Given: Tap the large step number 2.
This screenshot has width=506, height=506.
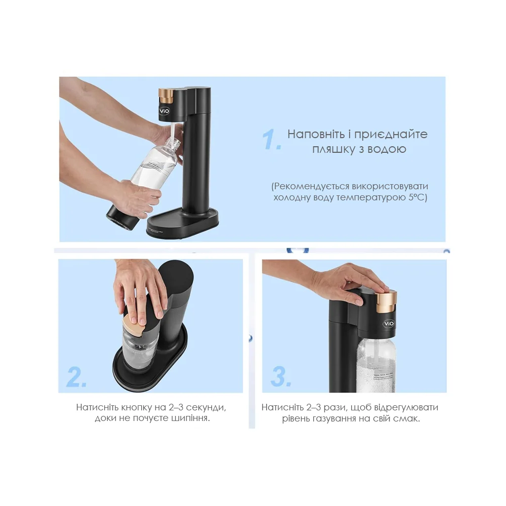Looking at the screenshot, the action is tap(77, 376).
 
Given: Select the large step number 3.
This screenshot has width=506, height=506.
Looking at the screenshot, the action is tap(281, 376).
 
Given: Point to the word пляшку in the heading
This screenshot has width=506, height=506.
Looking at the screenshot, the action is tap(333, 149).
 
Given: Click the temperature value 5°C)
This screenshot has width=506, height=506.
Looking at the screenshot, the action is tap(417, 197).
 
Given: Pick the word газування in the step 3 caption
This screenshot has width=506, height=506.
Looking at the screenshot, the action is tap(335, 418).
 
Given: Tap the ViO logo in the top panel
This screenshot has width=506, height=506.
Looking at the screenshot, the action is tap(164, 111).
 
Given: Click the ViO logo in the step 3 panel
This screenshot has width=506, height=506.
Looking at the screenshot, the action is tap(389, 324).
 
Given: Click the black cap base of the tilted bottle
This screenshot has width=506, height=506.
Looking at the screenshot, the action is tap(123, 217).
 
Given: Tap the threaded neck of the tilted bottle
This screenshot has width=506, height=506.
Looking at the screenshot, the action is tap(174, 143).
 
